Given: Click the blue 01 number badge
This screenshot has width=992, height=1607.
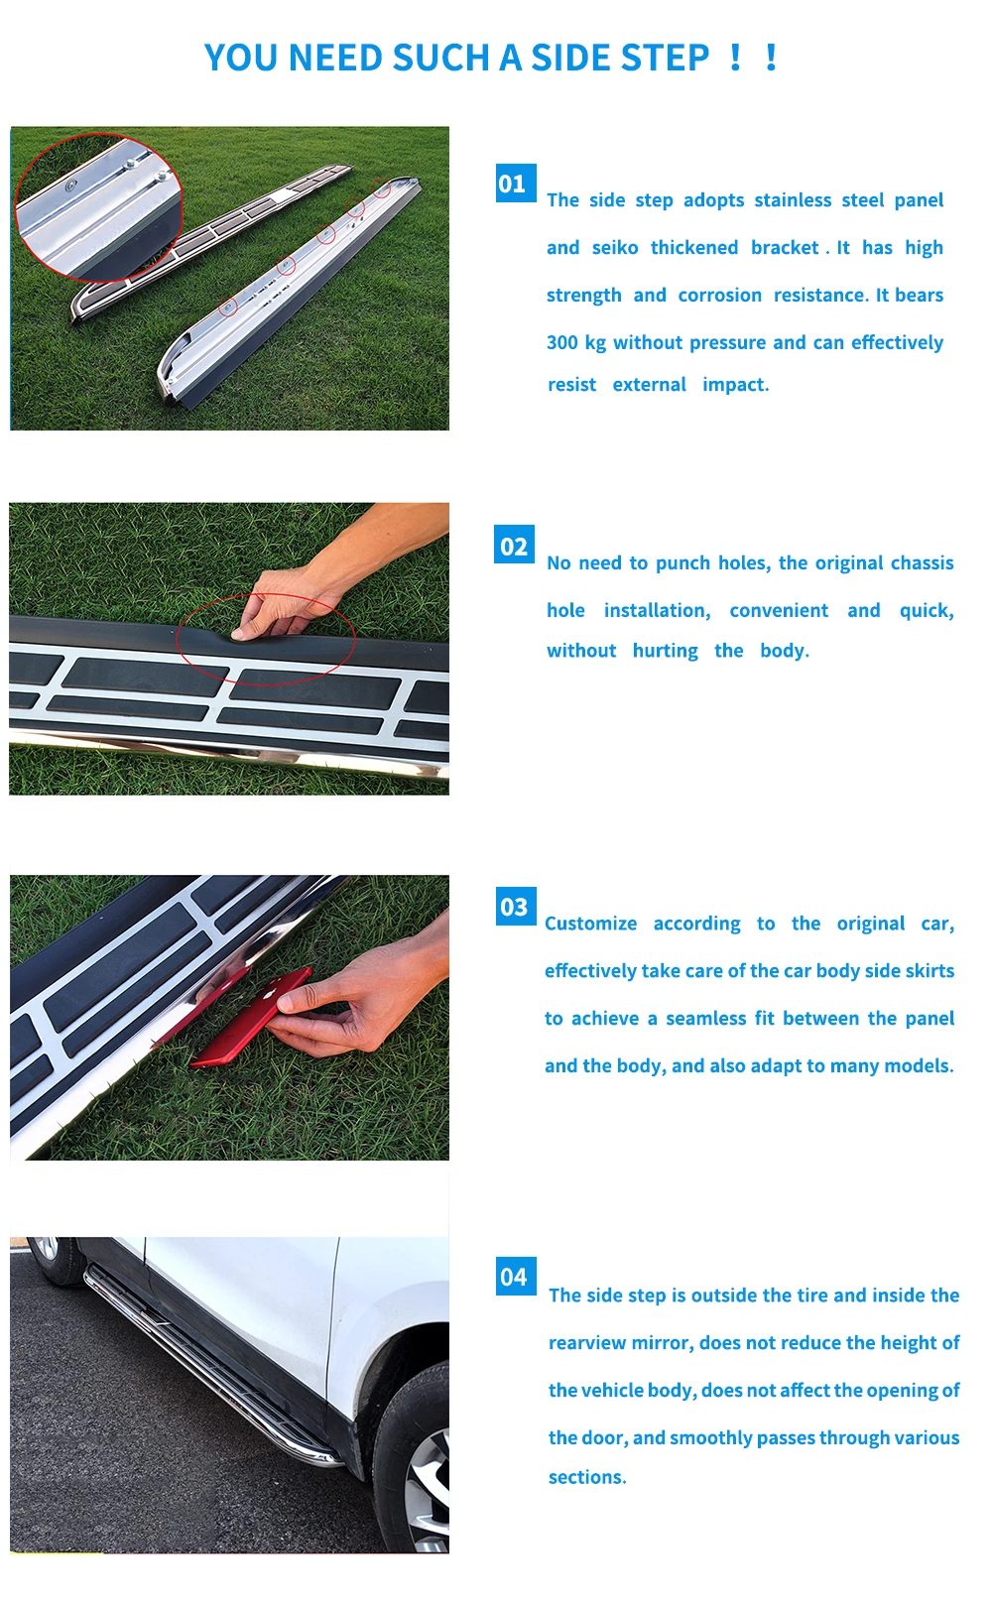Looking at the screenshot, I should coord(515,184).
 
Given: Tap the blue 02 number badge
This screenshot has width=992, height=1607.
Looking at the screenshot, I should coord(514,546).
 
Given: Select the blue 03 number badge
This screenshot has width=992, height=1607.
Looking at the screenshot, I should coord(515,907).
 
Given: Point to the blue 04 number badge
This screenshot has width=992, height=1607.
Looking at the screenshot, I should coord(515,1277).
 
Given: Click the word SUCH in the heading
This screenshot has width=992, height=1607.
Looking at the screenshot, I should coord(440,59).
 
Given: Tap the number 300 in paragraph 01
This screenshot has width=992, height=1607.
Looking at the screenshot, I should coord(561,343).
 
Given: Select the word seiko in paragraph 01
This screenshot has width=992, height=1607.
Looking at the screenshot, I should coord(615,248).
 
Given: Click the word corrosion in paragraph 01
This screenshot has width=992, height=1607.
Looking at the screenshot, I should coord(719,296).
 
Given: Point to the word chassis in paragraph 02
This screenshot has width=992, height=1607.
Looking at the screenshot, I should coord(922,563).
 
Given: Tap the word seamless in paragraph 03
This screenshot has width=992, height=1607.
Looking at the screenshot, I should coord(705,1019).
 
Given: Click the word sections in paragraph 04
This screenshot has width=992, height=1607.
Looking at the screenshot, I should coord(586,1477).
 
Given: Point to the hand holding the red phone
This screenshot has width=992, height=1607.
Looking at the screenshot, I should coord(357,1002).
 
